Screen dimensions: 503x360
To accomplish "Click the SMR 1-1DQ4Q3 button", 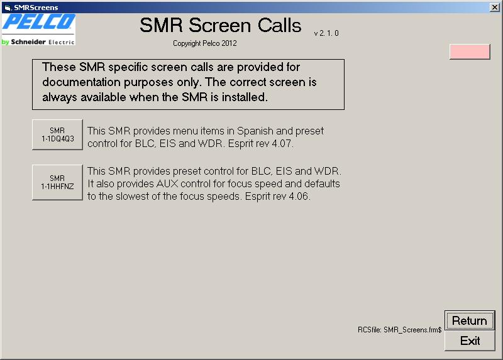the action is (x=57, y=134).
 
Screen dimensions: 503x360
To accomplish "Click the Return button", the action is (x=470, y=320).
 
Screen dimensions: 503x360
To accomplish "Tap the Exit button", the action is (x=470, y=341).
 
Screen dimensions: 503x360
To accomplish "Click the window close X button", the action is (x=495, y=7).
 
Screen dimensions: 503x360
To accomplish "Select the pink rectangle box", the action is (x=470, y=52).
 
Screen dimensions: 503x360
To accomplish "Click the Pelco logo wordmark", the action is (x=39, y=22).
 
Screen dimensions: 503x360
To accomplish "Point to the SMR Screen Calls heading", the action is (x=221, y=25).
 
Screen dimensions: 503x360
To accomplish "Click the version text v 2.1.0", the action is (x=326, y=33).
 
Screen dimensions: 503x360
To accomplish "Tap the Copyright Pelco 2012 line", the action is (x=205, y=43).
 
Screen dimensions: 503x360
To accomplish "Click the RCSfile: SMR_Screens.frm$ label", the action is (x=400, y=330).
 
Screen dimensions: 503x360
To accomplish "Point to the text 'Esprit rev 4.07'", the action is (x=260, y=143).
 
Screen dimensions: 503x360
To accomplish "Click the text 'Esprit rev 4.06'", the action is (x=277, y=196).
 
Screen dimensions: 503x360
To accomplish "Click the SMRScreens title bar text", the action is (x=36, y=8).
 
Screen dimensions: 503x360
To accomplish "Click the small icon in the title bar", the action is (x=8, y=8).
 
